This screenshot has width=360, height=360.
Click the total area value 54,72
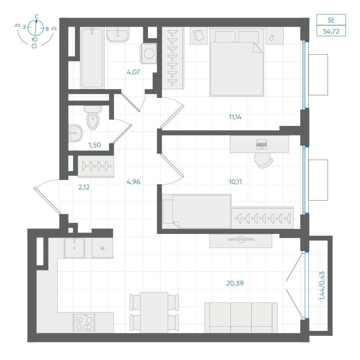tap(331, 31)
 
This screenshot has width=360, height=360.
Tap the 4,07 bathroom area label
tap(134, 72)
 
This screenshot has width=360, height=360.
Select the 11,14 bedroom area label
tap(235, 117)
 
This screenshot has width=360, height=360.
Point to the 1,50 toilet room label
tap(95, 145)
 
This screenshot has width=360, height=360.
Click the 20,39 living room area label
tap(235, 283)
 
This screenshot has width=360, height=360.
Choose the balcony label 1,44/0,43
tap(322, 286)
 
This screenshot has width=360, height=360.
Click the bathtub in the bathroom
tap(92, 58)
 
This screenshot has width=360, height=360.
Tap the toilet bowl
tap(93, 117)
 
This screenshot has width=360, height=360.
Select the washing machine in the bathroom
tap(149, 54)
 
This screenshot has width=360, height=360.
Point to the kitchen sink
tap(75, 248)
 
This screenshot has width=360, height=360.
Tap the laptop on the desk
tap(262, 144)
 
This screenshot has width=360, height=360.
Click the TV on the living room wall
tap(241, 239)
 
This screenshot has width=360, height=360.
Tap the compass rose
tap(36, 28)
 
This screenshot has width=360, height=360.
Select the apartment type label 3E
tap(331, 20)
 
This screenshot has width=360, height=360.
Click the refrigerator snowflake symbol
tap(102, 248)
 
